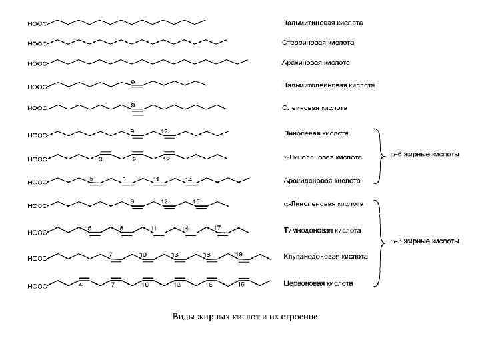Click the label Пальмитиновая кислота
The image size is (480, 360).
[322, 23]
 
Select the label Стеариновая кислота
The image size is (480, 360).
[318, 43]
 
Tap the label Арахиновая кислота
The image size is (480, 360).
[316, 63]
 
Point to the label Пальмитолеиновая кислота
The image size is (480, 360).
[328, 85]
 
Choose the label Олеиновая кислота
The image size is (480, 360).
[315, 107]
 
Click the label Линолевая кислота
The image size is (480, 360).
[316, 133]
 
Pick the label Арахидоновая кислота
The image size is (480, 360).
[322, 181]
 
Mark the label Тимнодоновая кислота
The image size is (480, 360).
[323, 231]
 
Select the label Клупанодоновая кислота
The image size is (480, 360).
[325, 256]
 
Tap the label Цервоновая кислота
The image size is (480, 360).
[319, 283]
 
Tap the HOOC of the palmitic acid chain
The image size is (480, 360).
[37, 23]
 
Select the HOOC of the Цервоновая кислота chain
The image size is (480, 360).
[37, 287]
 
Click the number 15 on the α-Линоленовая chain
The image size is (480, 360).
[195, 201]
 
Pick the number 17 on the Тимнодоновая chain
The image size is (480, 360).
[217, 228]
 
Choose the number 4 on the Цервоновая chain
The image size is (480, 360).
[81, 285]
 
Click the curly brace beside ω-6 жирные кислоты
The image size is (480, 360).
[378, 155]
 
